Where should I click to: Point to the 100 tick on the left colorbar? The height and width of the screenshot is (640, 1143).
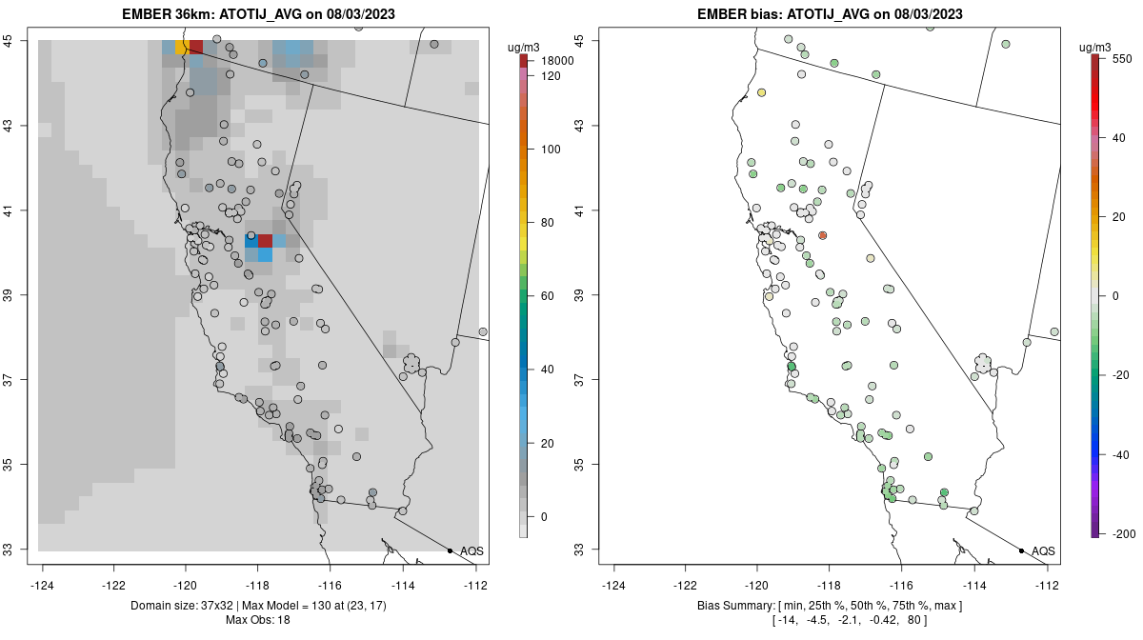[551, 150]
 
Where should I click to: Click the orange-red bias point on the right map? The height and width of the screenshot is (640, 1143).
[823, 235]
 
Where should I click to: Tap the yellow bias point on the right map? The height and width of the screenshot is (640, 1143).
[762, 92]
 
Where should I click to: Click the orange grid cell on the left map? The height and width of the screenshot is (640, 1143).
[181, 47]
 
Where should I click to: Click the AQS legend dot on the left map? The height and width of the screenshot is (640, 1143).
[450, 550]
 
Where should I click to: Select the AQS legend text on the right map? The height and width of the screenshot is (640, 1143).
[1043, 550]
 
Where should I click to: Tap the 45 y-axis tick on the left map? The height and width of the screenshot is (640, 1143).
[16, 40]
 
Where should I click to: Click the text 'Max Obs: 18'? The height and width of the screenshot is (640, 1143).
[257, 620]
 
